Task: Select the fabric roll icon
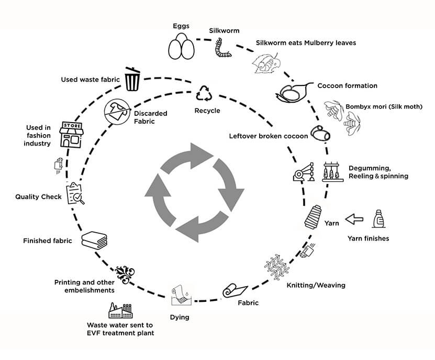(x=233, y=291)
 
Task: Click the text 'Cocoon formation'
(x=347, y=86)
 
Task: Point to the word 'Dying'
(x=180, y=318)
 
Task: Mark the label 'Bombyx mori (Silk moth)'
(x=384, y=107)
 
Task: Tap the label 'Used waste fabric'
(x=91, y=80)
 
